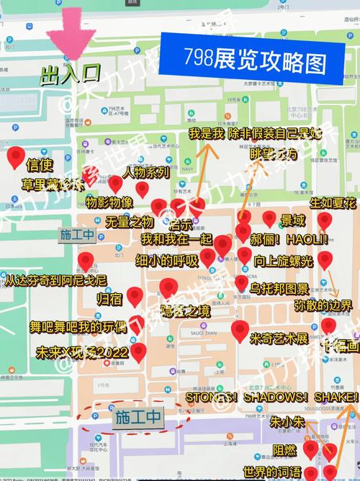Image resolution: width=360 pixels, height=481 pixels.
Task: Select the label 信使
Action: (39, 163)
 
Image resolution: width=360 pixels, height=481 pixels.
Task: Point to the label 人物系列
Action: (146, 172)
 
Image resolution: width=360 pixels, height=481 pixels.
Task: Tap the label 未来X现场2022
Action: (82, 353)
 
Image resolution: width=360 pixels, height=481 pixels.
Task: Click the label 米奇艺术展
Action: (279, 338)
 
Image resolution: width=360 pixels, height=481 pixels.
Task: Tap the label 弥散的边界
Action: (323, 305)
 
